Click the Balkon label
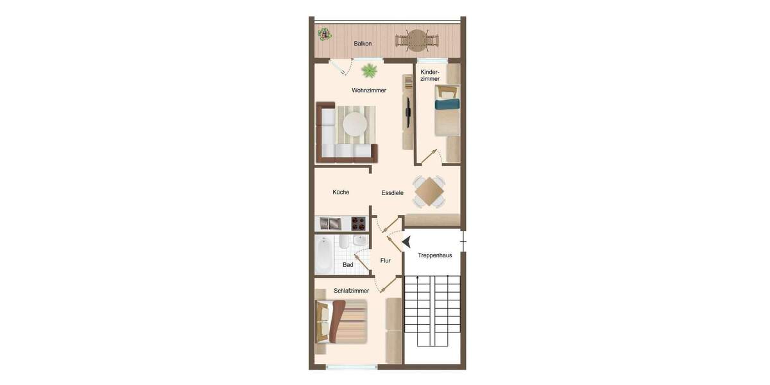(x=363, y=44)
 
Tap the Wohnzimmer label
(x=369, y=90)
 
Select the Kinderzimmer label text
(x=430, y=75)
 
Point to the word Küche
(x=341, y=192)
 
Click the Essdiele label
(x=392, y=193)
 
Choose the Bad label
(x=348, y=264)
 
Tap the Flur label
(x=385, y=261)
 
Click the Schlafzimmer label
(x=351, y=291)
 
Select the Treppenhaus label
(x=434, y=255)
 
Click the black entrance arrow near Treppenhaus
(x=406, y=241)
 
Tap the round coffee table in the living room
(x=354, y=123)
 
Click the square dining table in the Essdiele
(x=429, y=191)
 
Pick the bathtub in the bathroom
(x=323, y=255)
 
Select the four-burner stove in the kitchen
(x=358, y=224)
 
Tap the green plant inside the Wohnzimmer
(x=369, y=70)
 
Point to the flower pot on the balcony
(x=324, y=34)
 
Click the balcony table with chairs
(x=417, y=40)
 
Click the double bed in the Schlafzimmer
(x=341, y=321)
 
